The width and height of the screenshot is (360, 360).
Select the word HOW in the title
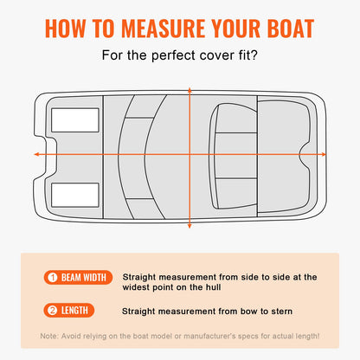point(67,29)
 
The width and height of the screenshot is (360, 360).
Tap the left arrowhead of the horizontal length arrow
point(36,154)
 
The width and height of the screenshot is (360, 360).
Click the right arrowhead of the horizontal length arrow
point(323,154)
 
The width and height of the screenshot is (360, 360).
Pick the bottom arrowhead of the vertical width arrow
point(190,228)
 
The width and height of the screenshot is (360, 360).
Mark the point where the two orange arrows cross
point(190,154)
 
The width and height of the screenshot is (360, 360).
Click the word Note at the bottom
point(49,336)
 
